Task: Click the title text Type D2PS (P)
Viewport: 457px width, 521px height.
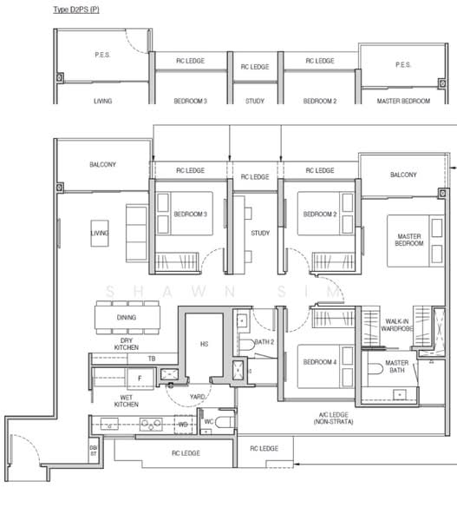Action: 76,10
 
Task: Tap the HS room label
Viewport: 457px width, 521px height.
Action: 204,344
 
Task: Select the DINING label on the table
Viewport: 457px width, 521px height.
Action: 127,317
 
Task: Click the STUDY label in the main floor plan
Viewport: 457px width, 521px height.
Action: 260,233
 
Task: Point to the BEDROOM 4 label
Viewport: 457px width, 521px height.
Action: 320,362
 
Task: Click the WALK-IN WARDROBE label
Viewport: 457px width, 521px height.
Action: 397,325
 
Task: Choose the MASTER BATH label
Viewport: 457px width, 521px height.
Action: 397,366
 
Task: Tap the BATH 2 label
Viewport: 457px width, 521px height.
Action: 264,342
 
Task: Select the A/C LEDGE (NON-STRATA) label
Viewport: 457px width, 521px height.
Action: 334,418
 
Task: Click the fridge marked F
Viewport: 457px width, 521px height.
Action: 140,379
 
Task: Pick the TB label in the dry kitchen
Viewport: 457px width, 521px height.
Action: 152,359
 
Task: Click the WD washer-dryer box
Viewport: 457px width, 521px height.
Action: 183,425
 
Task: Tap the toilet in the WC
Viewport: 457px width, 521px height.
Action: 225,422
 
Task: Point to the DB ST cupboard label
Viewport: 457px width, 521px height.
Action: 94,451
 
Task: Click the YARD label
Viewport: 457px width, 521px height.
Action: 197,397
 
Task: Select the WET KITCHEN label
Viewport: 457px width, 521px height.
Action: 126,400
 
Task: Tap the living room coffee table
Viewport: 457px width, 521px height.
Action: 100,234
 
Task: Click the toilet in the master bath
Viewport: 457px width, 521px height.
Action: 375,369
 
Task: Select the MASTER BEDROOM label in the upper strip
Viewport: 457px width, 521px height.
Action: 403,101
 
